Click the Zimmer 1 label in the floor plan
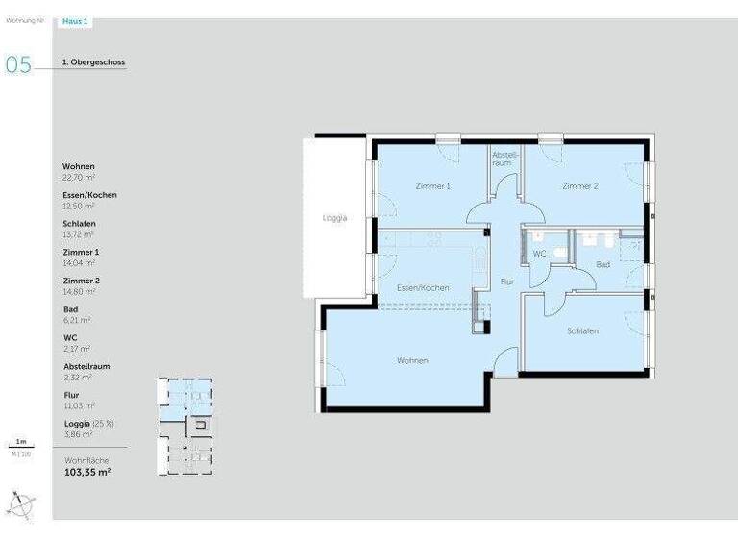click(432, 186)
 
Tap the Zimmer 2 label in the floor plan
click(580, 186)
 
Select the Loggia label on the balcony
click(334, 218)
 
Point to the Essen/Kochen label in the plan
click(423, 288)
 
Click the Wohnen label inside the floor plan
click(412, 360)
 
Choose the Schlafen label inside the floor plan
click(582, 331)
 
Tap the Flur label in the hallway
click(507, 281)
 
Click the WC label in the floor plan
click(539, 254)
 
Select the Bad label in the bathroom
click(603, 263)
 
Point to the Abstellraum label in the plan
click(504, 159)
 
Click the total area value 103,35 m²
click(87, 473)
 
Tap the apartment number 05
click(18, 64)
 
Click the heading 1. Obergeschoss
click(93, 62)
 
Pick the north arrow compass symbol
click(21, 503)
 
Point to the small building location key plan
click(185, 426)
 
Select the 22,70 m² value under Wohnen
click(79, 178)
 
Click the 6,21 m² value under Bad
click(77, 320)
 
